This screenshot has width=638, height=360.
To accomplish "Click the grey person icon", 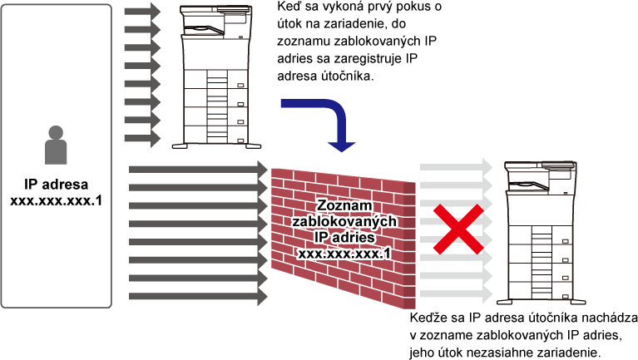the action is coord(56,145).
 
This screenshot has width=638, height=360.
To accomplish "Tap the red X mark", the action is coord(458,229).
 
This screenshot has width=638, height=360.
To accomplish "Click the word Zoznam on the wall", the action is coord(344,205).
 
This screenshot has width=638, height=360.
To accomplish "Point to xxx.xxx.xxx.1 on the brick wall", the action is coord(344,254).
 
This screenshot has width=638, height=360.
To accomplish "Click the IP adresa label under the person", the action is coord(57,185).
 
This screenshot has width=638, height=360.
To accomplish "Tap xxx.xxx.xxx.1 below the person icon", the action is coord(57,200).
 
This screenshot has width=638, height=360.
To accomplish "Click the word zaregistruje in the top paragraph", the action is coord(368,58).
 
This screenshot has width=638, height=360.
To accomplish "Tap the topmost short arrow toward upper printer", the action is coord(142,12).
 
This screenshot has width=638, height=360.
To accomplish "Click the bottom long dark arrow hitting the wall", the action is coord(198,296).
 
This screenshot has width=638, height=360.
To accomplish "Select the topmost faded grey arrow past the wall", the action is coord(456,167).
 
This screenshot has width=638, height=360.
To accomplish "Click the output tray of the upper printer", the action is coord(205,30).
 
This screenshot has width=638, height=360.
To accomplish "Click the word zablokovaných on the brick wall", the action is coord(344,221).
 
